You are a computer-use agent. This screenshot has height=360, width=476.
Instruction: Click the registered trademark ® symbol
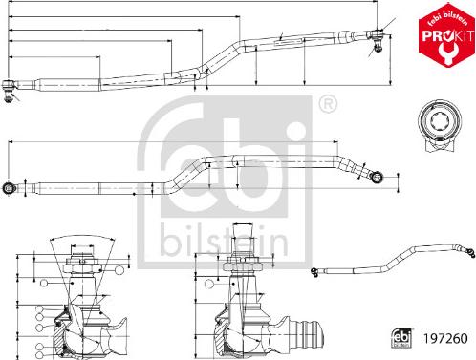coord(327,102)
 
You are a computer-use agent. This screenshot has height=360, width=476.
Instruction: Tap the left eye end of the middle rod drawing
coord(10,187)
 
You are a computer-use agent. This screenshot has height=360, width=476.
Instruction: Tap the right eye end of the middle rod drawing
coord(378,176)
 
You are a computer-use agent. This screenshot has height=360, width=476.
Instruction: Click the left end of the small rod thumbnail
coord(314,276)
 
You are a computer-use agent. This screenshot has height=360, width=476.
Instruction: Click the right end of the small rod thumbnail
coord(468,252)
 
